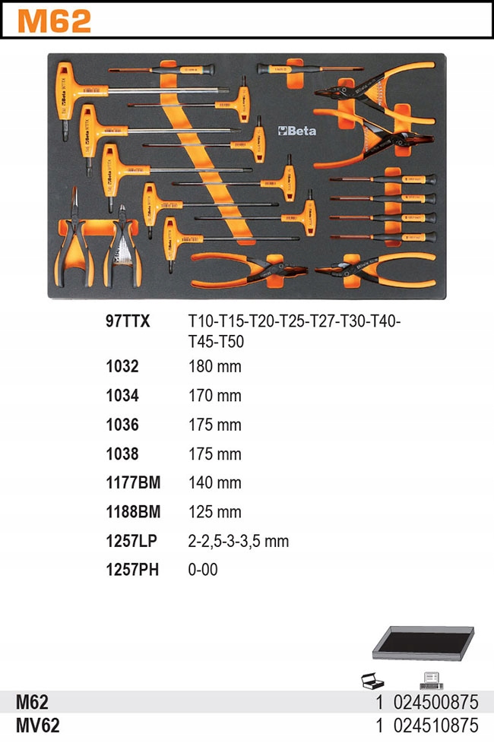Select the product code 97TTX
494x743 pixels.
point(128,321)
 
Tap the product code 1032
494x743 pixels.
point(122,367)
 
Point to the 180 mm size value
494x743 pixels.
point(214,367)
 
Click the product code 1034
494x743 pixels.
point(122,396)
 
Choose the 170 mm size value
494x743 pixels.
point(214,396)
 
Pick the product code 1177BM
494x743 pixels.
point(133,482)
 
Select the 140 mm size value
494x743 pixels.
point(214,482)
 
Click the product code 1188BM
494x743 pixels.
point(133,512)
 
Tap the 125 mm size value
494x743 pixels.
point(214,512)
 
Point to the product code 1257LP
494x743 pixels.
point(131,541)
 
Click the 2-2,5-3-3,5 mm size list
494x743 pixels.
point(239,541)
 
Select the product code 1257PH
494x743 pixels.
point(132,570)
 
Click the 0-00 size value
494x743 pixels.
point(203,570)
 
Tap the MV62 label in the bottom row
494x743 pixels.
point(37,725)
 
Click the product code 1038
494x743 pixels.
point(122,454)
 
